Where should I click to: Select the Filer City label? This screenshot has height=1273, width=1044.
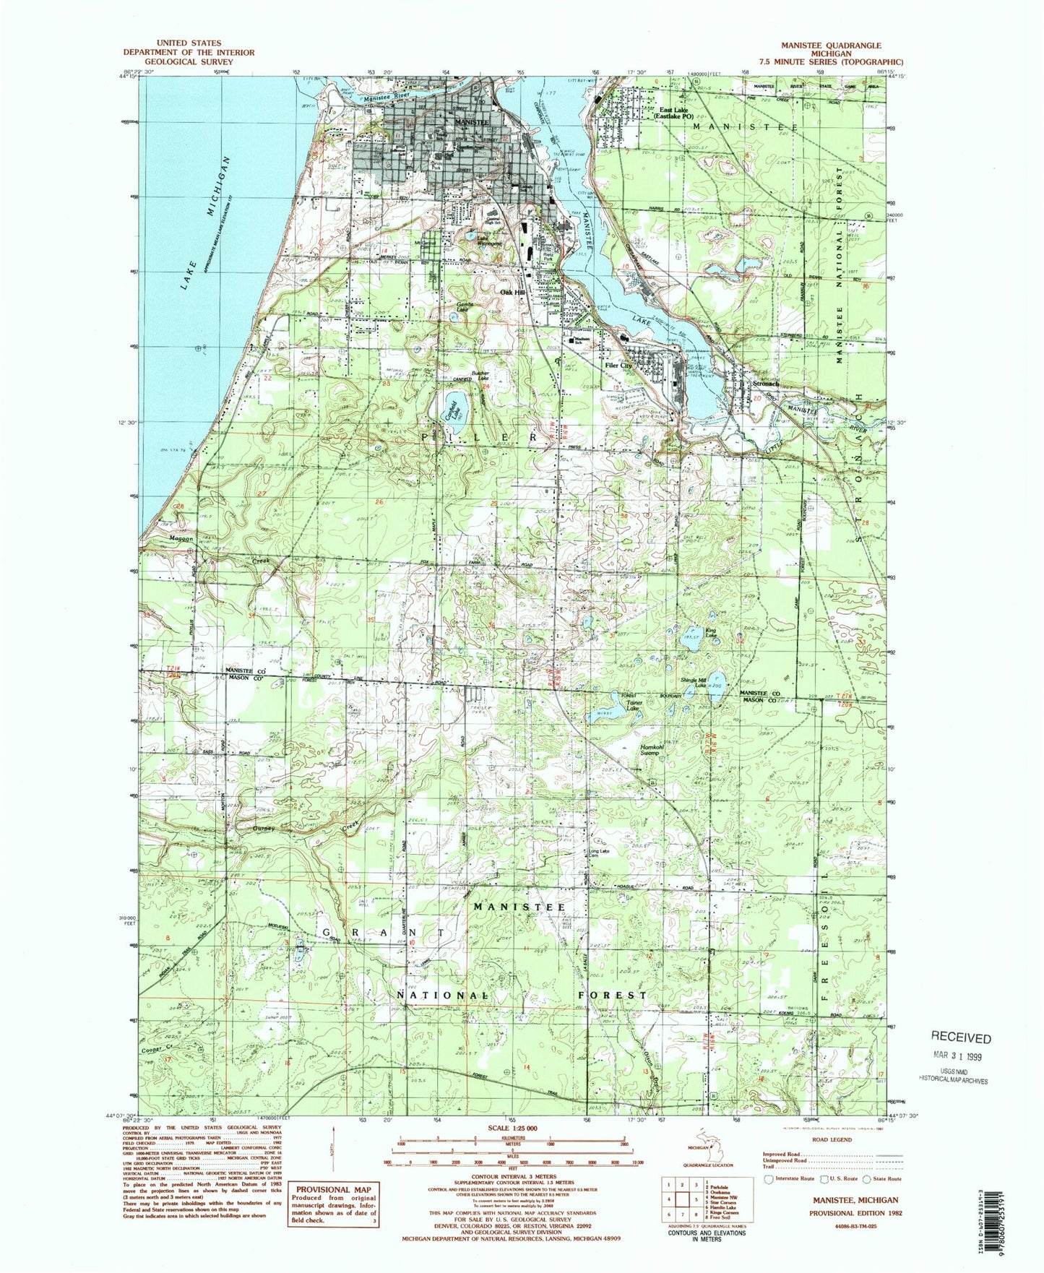point(618,366)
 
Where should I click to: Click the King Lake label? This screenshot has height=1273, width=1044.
point(712,633)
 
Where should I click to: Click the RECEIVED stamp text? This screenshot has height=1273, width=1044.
point(960,1038)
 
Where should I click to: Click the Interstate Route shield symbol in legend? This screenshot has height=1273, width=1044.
point(769,1178)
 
